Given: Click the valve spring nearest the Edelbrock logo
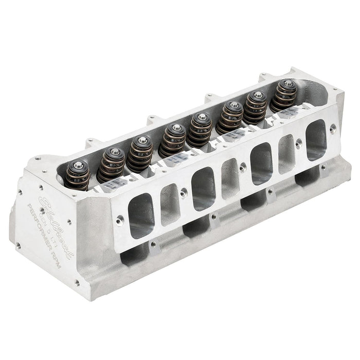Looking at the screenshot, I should click(x=78, y=175).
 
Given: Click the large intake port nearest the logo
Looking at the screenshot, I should click(x=141, y=215).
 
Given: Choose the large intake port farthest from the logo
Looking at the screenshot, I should click(x=315, y=139).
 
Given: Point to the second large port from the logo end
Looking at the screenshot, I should click(x=203, y=188).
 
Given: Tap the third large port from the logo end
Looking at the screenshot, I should click(x=261, y=163).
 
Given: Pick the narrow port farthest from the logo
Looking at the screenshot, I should click(x=286, y=153).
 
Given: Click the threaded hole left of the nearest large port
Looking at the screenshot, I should click(x=120, y=220).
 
